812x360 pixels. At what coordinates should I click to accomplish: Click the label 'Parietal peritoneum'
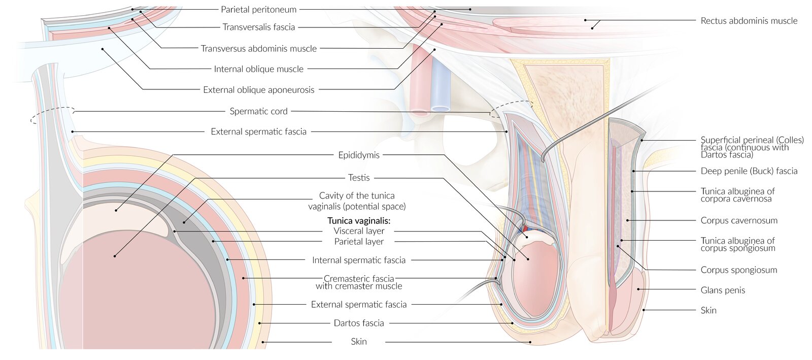point(258,9)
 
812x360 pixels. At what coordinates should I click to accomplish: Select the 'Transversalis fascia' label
point(258,27)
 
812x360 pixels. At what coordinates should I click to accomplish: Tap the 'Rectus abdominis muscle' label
point(749,21)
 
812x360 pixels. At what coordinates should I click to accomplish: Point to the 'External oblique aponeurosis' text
point(258,90)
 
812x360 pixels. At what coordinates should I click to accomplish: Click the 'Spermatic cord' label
point(258,111)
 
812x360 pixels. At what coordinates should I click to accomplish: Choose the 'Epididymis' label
point(359,155)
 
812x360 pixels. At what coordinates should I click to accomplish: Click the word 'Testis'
point(359,178)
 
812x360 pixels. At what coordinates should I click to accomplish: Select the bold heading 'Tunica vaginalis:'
point(359,220)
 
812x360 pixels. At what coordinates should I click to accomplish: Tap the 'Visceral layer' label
point(359,231)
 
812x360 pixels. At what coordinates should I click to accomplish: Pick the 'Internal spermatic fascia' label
point(359,260)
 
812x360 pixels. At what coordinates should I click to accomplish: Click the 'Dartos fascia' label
point(359,323)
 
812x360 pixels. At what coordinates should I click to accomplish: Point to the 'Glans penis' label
point(723,290)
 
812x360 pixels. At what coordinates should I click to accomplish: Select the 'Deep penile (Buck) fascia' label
point(749,171)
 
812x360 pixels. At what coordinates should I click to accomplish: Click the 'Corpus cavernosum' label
point(738,220)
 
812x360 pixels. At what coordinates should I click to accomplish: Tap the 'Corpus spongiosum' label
point(738,270)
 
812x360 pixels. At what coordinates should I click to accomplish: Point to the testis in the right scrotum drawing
point(535,279)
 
